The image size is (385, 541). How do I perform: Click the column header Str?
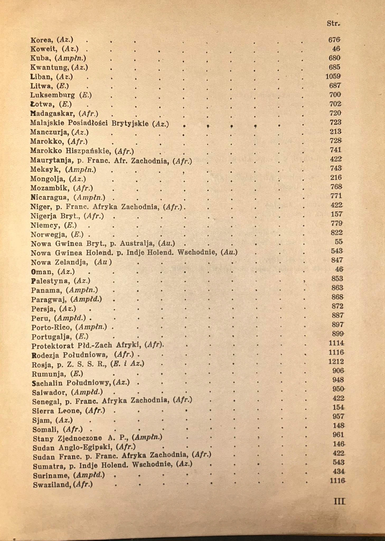[333, 24]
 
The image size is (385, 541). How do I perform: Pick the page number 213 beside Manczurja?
[335, 131]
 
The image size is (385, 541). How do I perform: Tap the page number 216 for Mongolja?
[336, 178]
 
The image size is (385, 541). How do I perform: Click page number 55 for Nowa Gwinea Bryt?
[339, 242]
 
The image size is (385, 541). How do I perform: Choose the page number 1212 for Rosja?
[336, 361]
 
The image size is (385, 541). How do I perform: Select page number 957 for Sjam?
[338, 417]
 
